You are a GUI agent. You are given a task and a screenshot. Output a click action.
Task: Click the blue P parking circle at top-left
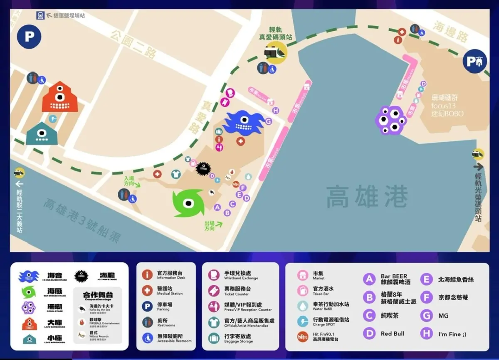pyautogui.click(x=29, y=36)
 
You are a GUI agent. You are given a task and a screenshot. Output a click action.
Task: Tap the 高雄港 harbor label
pyautogui.click(x=367, y=197)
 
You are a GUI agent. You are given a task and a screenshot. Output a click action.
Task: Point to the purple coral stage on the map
pyautogui.click(x=390, y=120)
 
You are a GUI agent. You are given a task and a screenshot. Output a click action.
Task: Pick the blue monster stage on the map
pyautogui.click(x=243, y=122)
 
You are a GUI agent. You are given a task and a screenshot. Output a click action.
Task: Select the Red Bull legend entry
pyautogui.click(x=392, y=333)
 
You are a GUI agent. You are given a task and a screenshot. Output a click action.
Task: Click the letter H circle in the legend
pyautogui.click(x=426, y=333)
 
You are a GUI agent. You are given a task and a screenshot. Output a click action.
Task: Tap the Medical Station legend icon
pyautogui.click(x=147, y=290)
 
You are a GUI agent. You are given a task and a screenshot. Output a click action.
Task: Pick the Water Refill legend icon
pyautogui.click(x=303, y=306)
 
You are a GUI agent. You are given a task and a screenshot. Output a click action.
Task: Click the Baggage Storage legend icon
pyautogui.click(x=214, y=338)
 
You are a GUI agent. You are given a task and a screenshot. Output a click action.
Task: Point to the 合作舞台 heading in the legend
pyautogui.click(x=98, y=295)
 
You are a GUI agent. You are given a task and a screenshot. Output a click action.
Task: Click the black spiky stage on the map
pyautogui.click(x=203, y=168)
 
